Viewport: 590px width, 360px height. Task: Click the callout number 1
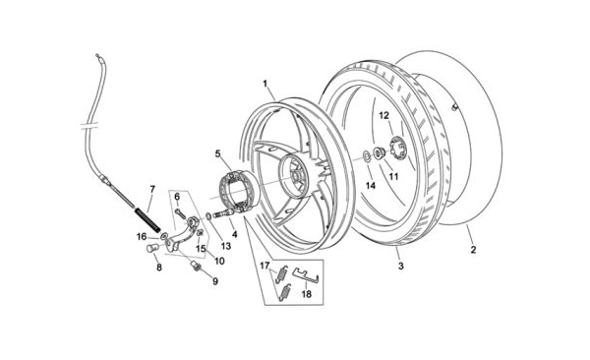click(265, 84)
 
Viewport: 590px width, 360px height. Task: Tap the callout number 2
click(473, 249)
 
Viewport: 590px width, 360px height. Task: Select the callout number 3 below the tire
click(401, 266)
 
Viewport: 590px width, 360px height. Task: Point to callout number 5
click(218, 153)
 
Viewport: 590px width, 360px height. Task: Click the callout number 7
click(152, 189)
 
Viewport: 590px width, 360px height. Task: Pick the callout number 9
click(214, 281)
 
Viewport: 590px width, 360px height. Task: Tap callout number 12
click(383, 116)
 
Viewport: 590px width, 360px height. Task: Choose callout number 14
click(371, 185)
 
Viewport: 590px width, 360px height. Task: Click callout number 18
click(307, 294)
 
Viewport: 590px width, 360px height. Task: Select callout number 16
click(142, 237)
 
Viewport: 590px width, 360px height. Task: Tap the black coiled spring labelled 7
click(147, 220)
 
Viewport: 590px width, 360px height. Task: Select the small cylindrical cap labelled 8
click(150, 249)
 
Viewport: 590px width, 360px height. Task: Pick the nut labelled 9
click(196, 265)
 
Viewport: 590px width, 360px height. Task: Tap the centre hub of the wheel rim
click(293, 174)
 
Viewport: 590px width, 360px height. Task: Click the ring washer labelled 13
click(208, 216)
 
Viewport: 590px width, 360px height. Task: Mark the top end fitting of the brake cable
click(98, 56)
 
